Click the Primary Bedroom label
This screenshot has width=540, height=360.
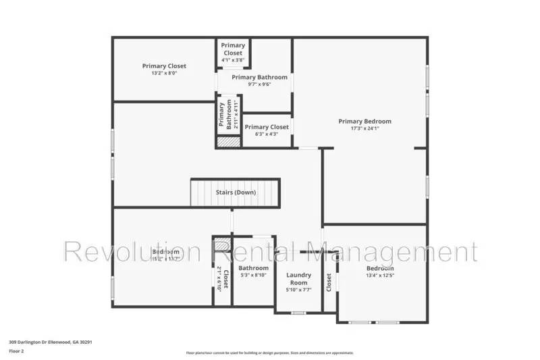coord(364,122)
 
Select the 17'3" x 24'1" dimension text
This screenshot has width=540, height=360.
coord(364,128)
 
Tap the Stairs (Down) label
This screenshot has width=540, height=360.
coord(236,192)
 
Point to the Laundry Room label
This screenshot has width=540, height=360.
coord(298,279)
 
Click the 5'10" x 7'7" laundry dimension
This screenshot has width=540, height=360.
coord(298,290)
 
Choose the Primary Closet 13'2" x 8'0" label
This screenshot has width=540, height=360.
coord(164,66)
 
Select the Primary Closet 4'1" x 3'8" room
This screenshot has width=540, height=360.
coord(233,53)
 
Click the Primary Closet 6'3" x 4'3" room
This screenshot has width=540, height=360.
coord(266,130)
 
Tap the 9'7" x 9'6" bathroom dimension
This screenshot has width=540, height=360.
coord(259,84)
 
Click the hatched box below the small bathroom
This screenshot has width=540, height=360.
coord(228,143)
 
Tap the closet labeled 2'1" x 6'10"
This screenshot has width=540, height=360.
coord(222,277)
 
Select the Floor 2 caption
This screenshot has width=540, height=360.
coord(16,351)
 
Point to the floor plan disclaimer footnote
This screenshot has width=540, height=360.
coord(269,353)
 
